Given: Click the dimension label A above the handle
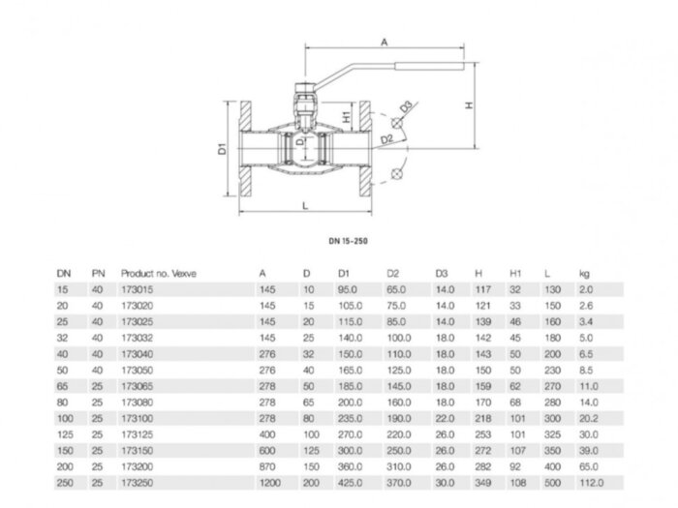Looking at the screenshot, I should pos(385,42).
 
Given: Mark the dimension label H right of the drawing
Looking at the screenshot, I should pos(468,106).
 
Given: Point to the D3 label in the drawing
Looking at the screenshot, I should pos(407,105).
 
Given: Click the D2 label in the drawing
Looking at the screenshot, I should pos(386,139).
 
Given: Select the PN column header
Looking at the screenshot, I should pos(97,274).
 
